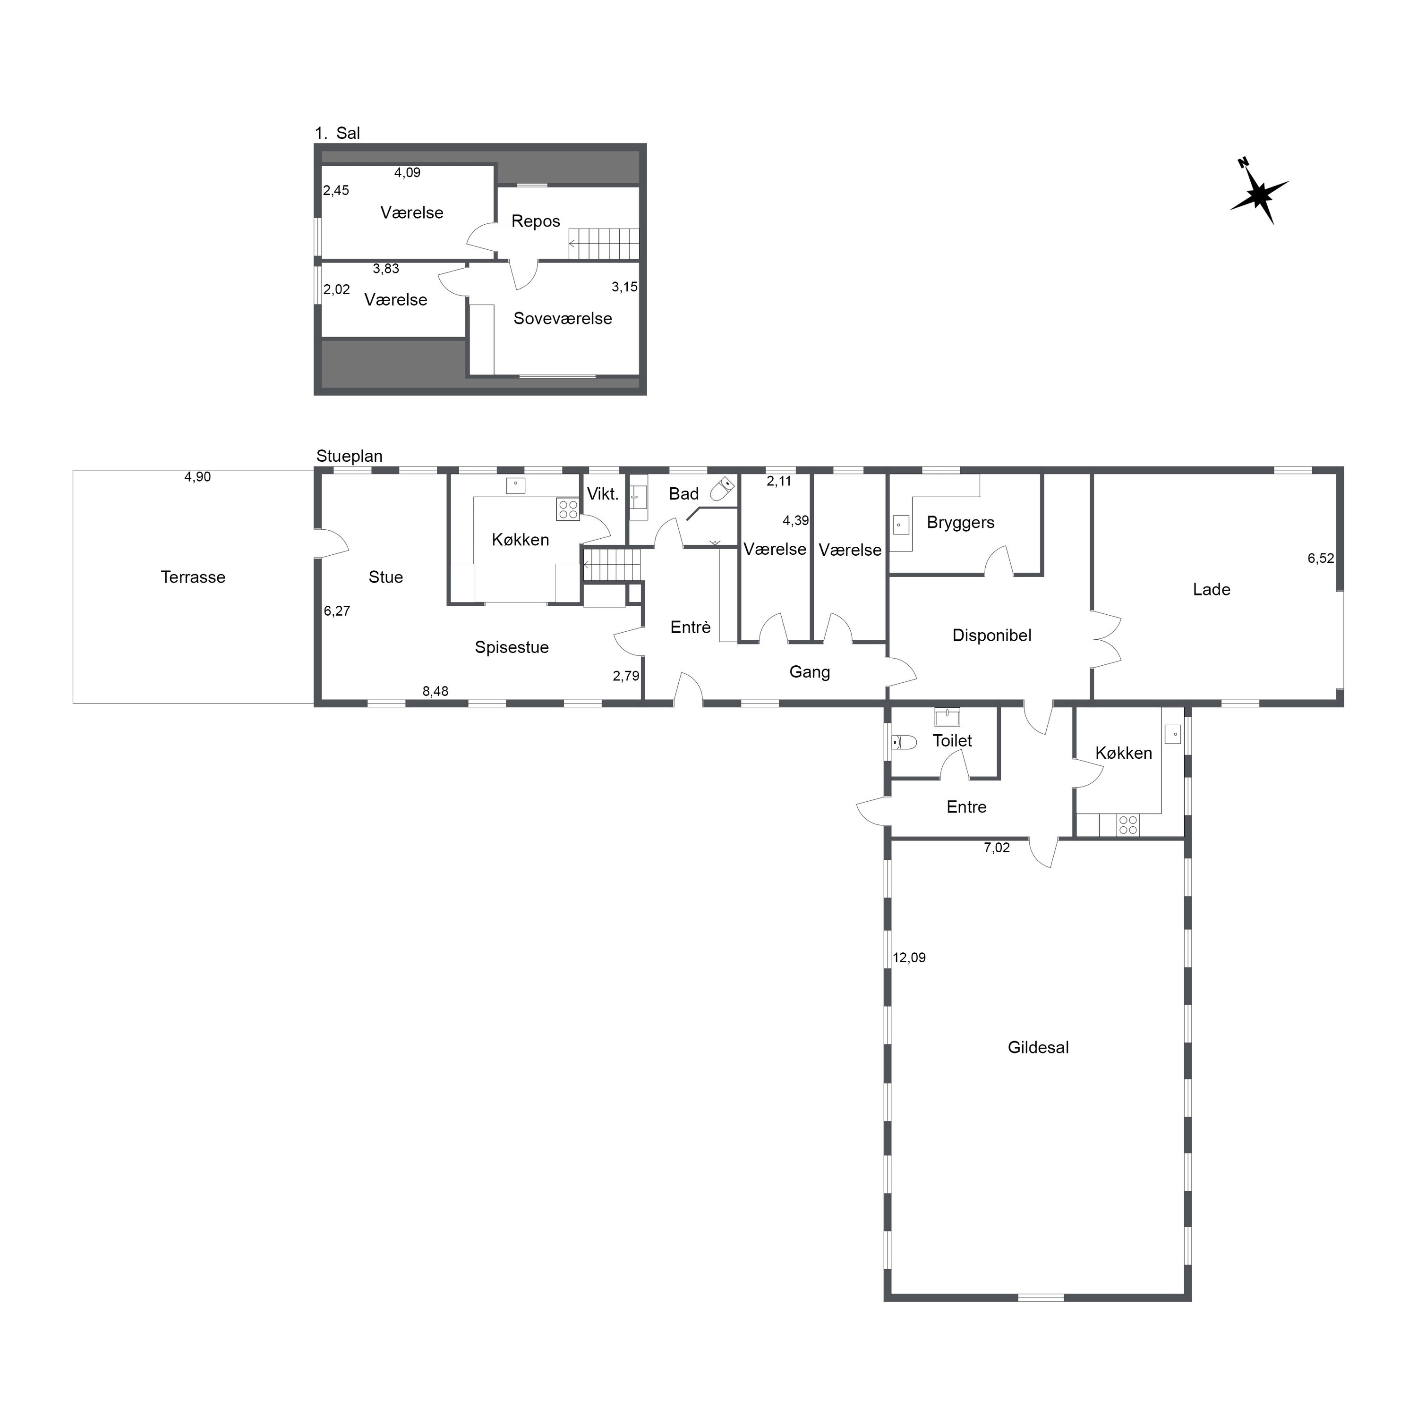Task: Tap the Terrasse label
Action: pyautogui.click(x=193, y=577)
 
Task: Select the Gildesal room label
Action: pyautogui.click(x=1038, y=1047)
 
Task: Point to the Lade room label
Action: pyautogui.click(x=1212, y=590)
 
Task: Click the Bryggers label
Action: pyautogui.click(x=961, y=523)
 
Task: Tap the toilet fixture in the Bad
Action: pyautogui.click(x=723, y=489)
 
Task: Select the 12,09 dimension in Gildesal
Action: pyautogui.click(x=909, y=958)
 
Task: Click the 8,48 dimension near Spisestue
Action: pyautogui.click(x=435, y=691)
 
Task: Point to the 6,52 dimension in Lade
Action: pyautogui.click(x=1321, y=558)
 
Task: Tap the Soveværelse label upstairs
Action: pyautogui.click(x=563, y=318)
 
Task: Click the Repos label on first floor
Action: pyautogui.click(x=536, y=221)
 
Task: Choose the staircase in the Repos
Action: pyautogui.click(x=604, y=244)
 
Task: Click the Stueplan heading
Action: pyautogui.click(x=349, y=456)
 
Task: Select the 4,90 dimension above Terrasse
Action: pyautogui.click(x=197, y=477)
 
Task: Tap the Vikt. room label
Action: pyautogui.click(x=603, y=494)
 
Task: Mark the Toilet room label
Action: pyautogui.click(x=952, y=741)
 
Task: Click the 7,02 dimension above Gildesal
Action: pyautogui.click(x=997, y=848)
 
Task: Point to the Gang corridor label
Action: pyautogui.click(x=810, y=672)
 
